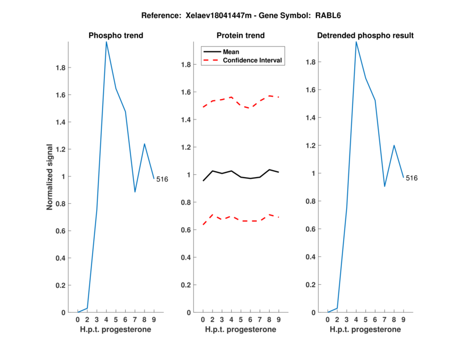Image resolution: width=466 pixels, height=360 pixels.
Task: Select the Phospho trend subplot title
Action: (116, 36)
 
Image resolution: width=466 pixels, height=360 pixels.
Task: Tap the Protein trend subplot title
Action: (241, 36)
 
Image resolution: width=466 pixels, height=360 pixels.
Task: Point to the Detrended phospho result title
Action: (365, 36)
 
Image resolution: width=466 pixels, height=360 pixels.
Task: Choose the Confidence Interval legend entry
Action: (253, 60)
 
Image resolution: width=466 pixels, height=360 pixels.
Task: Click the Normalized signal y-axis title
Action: (50, 177)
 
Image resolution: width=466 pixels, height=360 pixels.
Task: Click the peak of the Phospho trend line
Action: (106, 41)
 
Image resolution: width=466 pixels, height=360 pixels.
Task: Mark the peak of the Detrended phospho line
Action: (356, 41)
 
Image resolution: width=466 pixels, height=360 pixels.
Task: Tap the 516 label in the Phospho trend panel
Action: (162, 179)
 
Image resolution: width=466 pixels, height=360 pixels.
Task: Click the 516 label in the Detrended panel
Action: (412, 178)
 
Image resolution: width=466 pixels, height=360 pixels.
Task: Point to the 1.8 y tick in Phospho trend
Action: (60, 68)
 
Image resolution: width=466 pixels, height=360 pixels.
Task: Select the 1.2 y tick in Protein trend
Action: (185, 147)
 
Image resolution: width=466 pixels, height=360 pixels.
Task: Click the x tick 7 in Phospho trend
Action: (135, 320)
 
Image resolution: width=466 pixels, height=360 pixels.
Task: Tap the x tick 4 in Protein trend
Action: (231, 320)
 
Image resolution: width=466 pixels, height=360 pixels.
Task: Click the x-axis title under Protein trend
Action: (241, 330)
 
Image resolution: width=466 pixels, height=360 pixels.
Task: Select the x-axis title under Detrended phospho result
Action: (365, 330)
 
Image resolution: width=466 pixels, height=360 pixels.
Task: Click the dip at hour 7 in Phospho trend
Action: (135, 192)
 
